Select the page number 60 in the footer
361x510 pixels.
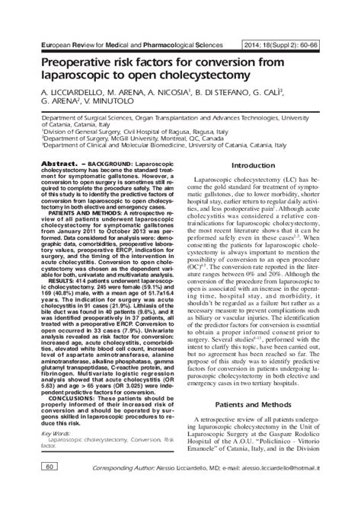pyautogui.click(x=28, y=487)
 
